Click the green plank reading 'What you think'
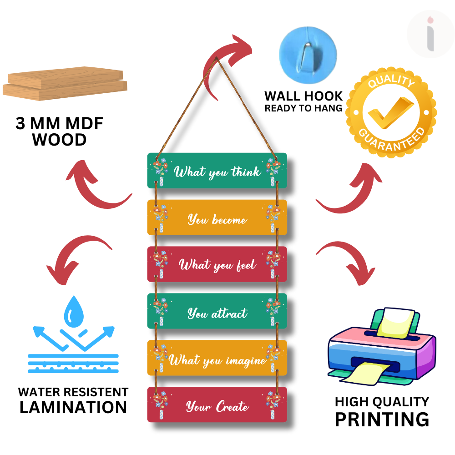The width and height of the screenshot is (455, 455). [217, 171]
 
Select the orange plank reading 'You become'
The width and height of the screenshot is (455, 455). [217, 217]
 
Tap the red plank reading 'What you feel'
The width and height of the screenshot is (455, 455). [217, 264]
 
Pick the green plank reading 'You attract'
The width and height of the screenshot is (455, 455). [217, 311]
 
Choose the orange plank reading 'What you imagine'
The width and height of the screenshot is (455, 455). [217, 358]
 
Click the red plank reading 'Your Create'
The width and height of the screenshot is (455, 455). [217, 405]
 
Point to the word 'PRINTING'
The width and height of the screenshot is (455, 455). [382, 420]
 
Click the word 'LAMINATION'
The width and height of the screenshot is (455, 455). [73, 407]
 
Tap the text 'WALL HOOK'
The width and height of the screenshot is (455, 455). [303, 96]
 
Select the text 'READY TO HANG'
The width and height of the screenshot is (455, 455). [303, 108]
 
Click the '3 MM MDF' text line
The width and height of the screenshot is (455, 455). [60, 124]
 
